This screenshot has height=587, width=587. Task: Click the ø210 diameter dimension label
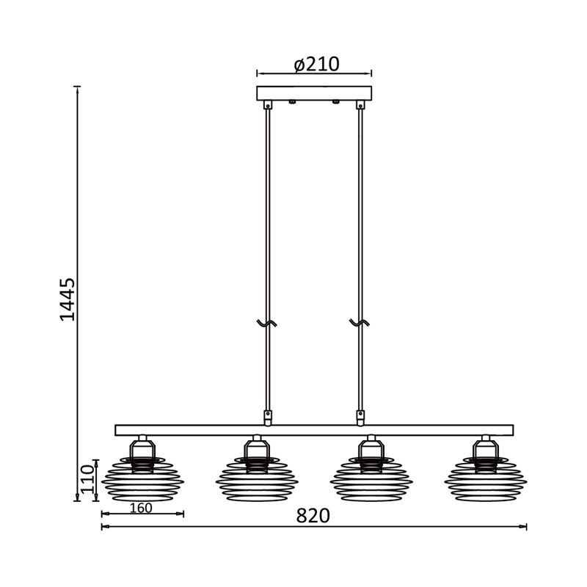point(317,65)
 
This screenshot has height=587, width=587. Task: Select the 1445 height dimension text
point(68,299)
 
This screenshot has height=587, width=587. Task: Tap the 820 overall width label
point(313,516)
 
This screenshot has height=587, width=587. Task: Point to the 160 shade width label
point(141,508)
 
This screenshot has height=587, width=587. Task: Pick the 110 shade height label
point(87,480)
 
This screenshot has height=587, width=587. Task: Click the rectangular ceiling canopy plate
point(314,93)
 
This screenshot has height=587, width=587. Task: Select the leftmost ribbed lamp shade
point(142,479)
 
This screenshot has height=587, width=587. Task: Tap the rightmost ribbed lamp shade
point(486,479)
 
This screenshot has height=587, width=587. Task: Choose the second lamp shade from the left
point(257,479)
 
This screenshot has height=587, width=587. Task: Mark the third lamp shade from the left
point(371,479)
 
